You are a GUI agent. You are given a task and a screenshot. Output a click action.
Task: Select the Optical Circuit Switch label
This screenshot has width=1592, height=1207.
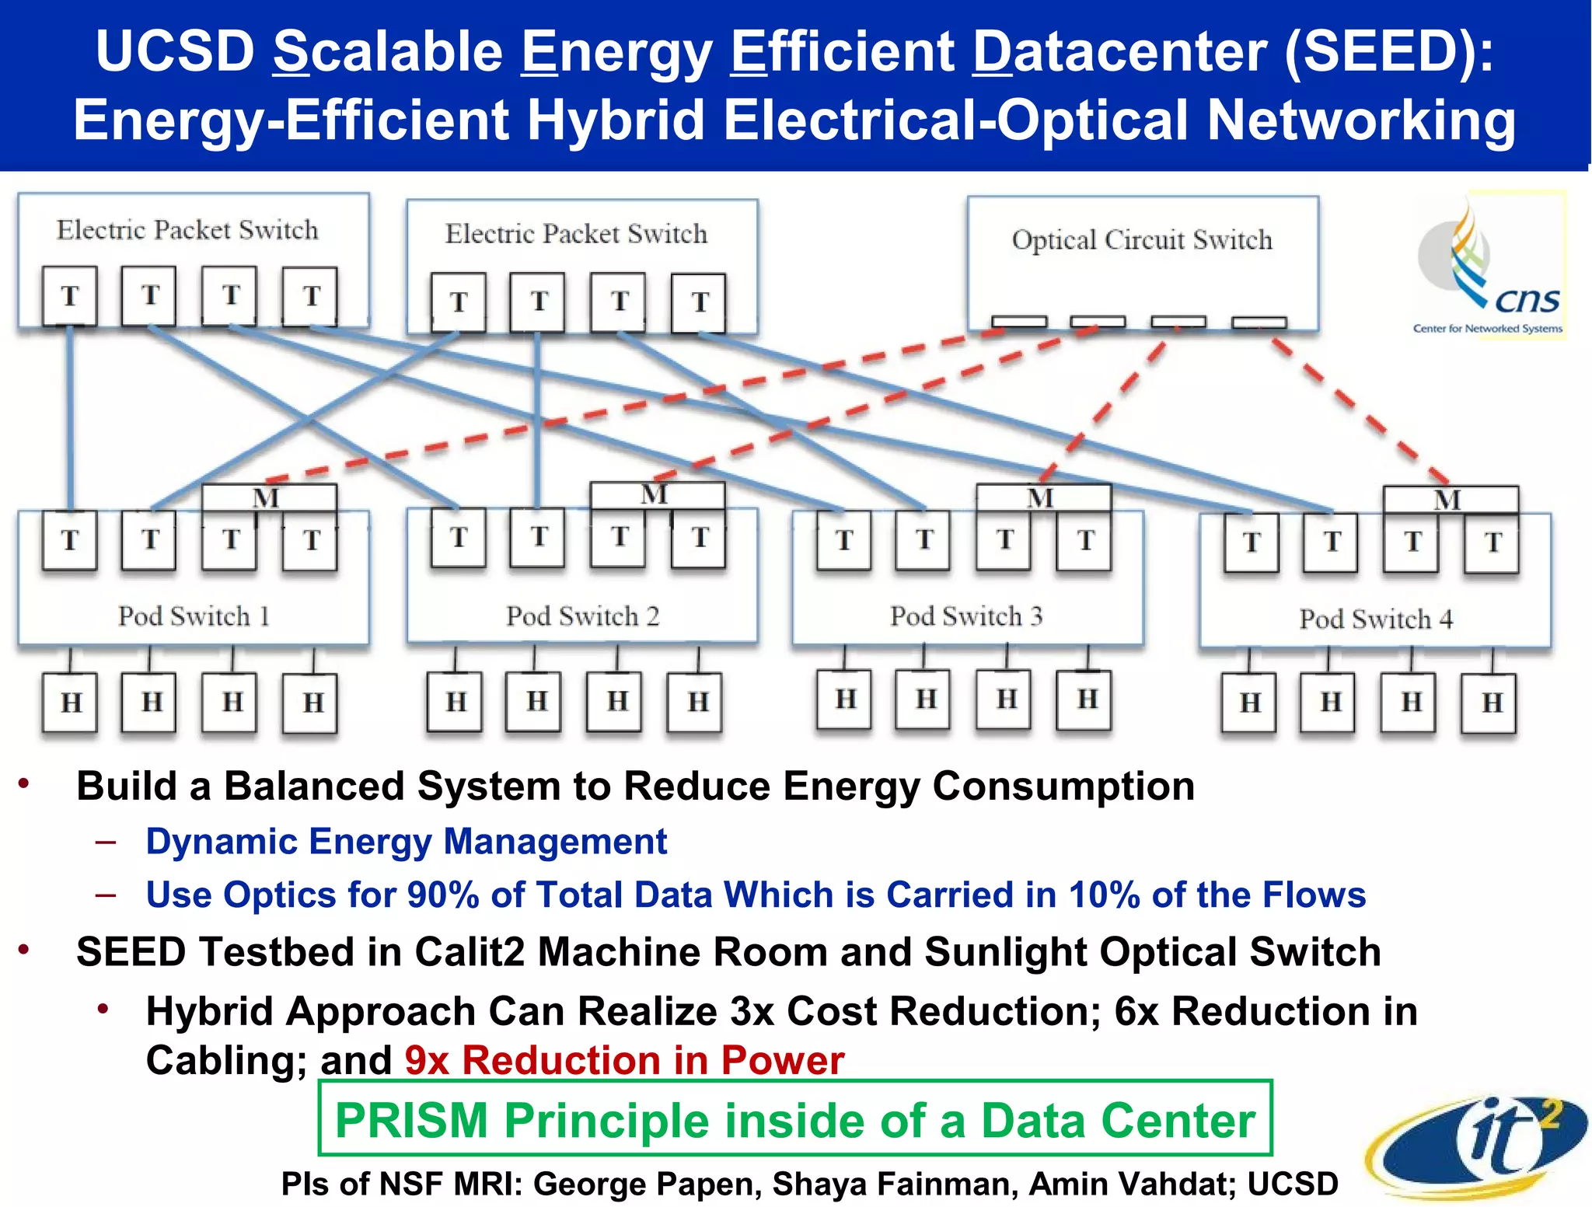click(x=1142, y=240)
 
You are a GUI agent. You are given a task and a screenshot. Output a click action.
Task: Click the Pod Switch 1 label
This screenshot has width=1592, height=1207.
click(x=194, y=616)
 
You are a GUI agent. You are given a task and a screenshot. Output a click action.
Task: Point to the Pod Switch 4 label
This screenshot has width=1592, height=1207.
click(x=1376, y=619)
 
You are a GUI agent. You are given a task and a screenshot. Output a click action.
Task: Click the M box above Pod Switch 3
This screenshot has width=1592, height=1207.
click(x=1042, y=497)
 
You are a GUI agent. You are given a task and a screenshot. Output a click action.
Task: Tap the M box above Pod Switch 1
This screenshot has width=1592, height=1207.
click(x=267, y=497)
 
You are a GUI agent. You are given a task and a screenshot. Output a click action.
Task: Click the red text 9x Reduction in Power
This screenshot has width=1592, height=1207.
click(x=624, y=1060)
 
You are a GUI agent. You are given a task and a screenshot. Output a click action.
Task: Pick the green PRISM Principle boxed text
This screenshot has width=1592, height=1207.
click(x=794, y=1120)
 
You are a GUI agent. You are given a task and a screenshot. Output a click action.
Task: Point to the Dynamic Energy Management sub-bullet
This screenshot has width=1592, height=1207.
click(x=406, y=842)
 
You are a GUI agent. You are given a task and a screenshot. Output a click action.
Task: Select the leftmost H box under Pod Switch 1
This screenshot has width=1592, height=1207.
click(x=70, y=703)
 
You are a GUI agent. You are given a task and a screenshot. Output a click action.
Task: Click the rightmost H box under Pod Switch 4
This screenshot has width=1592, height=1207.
click(x=1490, y=703)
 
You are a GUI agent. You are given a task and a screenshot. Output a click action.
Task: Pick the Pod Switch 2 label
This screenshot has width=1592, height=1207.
click(x=582, y=616)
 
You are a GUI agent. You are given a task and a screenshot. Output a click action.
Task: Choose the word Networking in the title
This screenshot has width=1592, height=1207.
click(x=1360, y=120)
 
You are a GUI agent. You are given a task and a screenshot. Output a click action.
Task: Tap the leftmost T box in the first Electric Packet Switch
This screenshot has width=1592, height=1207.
click(x=70, y=296)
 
